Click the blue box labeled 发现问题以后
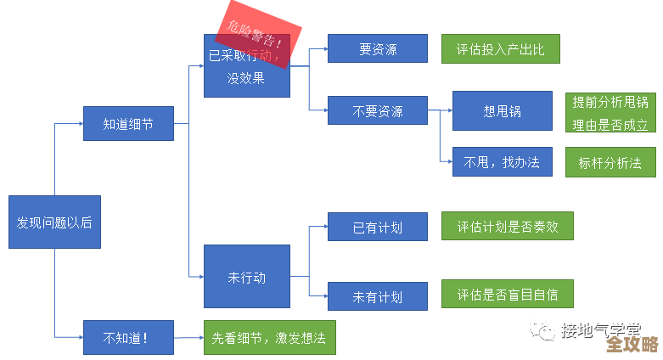54,222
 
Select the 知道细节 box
127,124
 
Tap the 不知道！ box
127,337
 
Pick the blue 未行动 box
246,276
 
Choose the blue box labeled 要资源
377,49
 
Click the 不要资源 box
377,111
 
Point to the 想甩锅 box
502,110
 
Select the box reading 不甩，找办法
502,161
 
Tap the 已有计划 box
377,227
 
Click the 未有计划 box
377,296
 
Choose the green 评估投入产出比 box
500,49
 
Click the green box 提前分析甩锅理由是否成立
610,113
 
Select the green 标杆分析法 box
610,161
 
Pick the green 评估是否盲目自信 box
506,294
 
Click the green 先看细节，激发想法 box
269,337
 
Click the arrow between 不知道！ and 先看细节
188,338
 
